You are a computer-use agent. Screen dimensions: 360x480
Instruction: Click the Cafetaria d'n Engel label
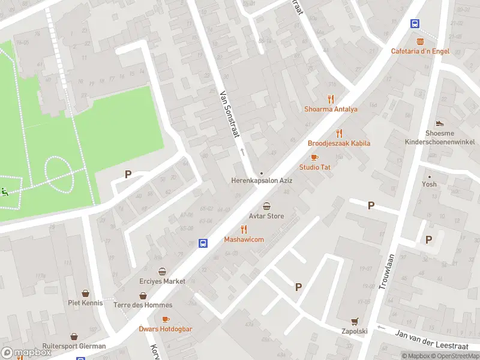[420, 52]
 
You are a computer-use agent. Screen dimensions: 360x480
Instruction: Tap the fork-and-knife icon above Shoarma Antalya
[331, 99]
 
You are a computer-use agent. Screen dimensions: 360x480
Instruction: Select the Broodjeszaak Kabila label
[339, 143]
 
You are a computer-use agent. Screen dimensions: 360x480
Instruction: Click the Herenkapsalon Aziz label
[262, 181]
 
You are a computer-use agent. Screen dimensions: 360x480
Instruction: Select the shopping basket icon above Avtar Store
[266, 206]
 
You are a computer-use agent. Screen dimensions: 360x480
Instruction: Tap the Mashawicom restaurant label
[244, 239]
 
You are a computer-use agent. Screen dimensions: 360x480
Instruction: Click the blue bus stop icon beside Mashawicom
[203, 243]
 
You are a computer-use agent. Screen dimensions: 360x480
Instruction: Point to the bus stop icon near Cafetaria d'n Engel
[415, 24]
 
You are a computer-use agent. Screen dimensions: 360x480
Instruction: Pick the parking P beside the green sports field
[128, 175]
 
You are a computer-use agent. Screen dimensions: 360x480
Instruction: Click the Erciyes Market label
[161, 281]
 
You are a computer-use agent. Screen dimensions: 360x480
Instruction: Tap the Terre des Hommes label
[143, 305]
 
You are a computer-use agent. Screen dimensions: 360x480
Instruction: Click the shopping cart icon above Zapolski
[355, 322]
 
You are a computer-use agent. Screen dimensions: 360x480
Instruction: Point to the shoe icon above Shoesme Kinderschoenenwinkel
[440, 124]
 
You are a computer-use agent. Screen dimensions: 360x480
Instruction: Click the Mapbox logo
[26, 353]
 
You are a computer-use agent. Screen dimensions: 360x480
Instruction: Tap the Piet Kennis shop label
[85, 303]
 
